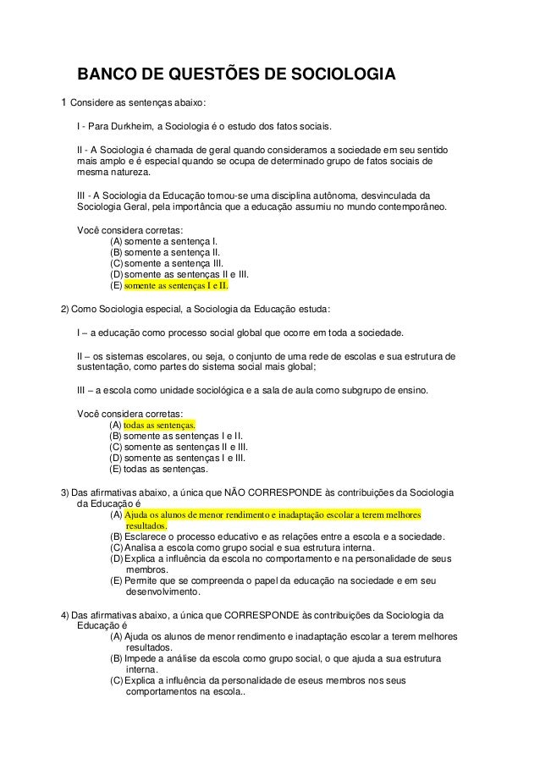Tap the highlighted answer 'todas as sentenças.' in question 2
point(160,424)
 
